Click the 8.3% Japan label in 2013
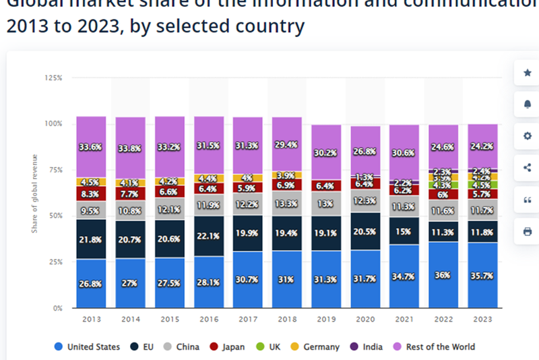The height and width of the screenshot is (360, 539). tap(91, 194)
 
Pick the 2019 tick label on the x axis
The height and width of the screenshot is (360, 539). tap(326, 320)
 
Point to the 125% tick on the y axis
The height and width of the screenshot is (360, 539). tap(53, 78)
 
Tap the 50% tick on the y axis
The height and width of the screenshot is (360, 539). tap(55, 216)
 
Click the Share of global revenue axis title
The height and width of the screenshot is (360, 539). tap(34, 194)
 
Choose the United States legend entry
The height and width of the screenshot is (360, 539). tap(87, 347)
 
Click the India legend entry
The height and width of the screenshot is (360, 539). tap(367, 347)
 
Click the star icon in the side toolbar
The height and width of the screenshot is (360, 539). tap(527, 72)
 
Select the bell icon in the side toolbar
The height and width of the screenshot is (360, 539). tap(527, 104)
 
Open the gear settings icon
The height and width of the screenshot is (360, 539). tap(527, 136)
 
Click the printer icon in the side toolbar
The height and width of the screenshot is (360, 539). tap(527, 231)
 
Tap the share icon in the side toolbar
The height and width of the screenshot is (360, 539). tap(527, 167)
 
